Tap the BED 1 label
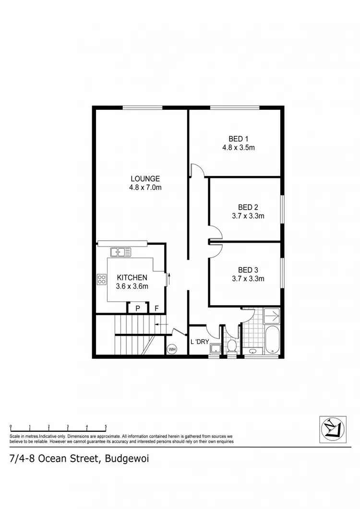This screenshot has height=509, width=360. coord(238,139)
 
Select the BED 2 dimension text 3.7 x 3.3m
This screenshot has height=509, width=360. coord(248,216)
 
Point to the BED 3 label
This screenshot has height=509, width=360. coord(248,270)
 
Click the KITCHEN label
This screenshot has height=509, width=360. coord(132,278)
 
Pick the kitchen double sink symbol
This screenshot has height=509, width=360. coord(118,251)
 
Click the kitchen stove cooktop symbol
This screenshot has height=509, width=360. coord(102,279)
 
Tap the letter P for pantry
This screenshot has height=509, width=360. coord(137,308)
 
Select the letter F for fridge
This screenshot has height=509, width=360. coord(156,308)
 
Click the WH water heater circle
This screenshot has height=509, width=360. coord(171,349)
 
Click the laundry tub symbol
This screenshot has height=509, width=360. coord(214,349)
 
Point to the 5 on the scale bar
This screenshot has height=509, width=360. coord(106,426)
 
